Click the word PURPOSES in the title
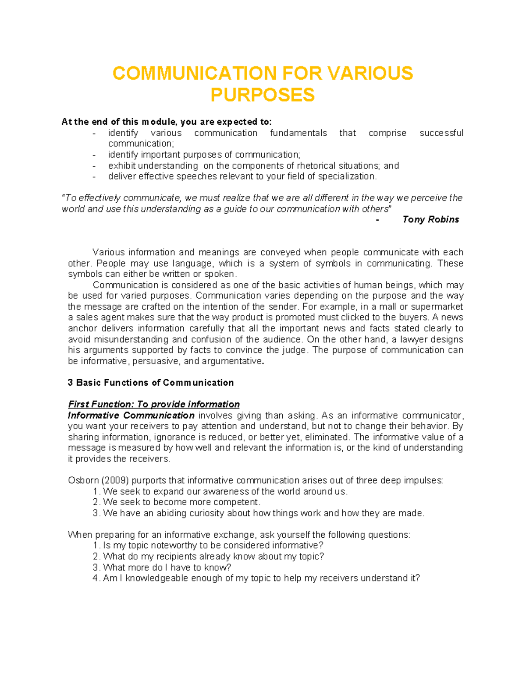click(x=263, y=95)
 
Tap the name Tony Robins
click(x=430, y=219)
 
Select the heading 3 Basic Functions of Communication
click(x=151, y=383)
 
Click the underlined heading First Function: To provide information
click(x=154, y=404)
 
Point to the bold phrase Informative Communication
click(x=131, y=415)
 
